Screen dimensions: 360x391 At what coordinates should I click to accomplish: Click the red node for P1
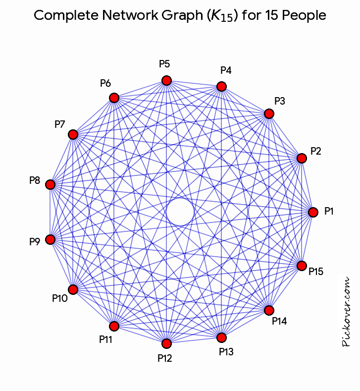[313, 212]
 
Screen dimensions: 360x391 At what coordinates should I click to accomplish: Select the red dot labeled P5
[166, 81]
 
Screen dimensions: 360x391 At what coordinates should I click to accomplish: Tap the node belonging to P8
[50, 184]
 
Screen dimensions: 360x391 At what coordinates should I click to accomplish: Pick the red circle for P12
[166, 343]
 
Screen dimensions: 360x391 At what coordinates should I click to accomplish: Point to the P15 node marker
[302, 266]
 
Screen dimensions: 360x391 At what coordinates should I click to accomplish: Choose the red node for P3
[269, 113]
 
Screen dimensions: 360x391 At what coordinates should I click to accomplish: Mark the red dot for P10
[73, 289]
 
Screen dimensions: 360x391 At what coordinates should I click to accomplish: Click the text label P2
[315, 151]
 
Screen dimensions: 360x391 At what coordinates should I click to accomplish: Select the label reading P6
[105, 83]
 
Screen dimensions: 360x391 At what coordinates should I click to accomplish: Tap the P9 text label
[35, 241]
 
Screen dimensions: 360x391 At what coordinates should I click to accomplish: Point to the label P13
[226, 351]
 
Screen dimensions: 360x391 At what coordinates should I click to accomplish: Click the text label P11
[105, 339]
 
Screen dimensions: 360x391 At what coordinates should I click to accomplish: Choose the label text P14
[279, 321]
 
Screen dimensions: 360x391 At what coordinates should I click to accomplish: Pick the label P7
[60, 124]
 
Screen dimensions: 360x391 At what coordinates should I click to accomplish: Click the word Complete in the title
[66, 15]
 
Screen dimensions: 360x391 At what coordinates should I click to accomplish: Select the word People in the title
[304, 15]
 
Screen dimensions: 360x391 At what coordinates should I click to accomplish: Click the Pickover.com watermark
[346, 312]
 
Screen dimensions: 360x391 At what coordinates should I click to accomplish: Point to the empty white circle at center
[180, 212]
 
